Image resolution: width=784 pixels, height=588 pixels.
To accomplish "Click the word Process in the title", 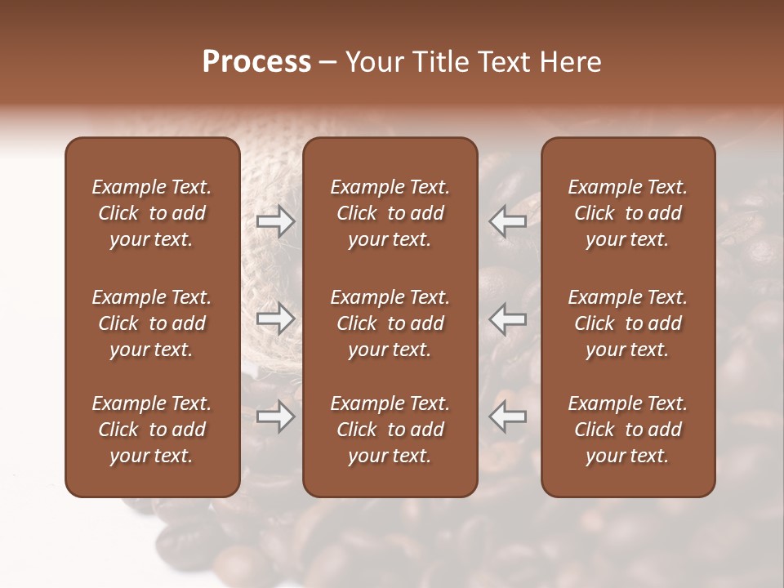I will [256, 62].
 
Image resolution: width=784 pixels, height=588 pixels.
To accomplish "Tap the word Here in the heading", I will [570, 62].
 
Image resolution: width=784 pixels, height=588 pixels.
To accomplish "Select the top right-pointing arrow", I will [275, 221].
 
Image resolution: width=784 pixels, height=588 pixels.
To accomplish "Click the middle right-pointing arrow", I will [275, 318].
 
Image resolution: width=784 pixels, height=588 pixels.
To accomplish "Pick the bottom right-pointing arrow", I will [275, 416].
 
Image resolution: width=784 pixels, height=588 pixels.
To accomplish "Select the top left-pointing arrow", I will [508, 221].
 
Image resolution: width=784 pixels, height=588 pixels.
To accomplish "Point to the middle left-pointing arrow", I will [508, 318].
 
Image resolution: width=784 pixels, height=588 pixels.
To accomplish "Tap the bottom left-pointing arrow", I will [508, 416].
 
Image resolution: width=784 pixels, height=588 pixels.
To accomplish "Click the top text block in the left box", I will [152, 213].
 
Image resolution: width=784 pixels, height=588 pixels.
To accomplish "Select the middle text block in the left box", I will [152, 323].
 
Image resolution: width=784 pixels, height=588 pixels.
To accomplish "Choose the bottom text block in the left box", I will [152, 430].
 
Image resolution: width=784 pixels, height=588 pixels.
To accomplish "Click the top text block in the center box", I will [390, 213].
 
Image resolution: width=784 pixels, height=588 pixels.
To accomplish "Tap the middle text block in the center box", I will [390, 323].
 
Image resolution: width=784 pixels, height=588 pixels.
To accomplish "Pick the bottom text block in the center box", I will [390, 430].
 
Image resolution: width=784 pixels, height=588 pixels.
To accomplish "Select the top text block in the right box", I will [628, 213].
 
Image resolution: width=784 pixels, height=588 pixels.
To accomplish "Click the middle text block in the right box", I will [628, 323].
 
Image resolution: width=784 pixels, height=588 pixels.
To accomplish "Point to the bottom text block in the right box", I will [628, 430].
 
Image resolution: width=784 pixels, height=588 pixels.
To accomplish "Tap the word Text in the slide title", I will [503, 62].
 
